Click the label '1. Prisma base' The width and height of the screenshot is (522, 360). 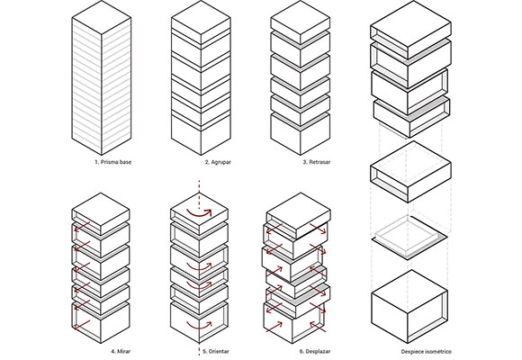[112, 162]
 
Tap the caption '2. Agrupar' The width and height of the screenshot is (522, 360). [218, 162]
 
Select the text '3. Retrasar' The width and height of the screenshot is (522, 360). [317, 162]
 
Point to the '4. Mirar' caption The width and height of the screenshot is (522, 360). [121, 351]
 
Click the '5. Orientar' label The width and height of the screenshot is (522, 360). [216, 351]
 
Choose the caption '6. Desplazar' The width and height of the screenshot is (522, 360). [315, 351]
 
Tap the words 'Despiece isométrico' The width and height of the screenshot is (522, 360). [426, 351]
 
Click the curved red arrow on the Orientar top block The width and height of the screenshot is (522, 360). [198, 215]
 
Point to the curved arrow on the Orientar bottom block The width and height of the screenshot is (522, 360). [199, 327]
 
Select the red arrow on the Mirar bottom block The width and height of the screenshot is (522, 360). [82, 325]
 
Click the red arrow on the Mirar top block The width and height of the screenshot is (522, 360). [82, 227]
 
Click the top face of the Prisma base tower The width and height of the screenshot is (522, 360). [102, 17]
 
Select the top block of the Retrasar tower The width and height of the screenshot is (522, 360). [301, 22]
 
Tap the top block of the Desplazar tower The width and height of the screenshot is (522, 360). [299, 218]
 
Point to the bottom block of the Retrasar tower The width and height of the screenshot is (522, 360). [301, 134]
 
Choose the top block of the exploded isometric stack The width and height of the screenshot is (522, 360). [410, 30]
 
